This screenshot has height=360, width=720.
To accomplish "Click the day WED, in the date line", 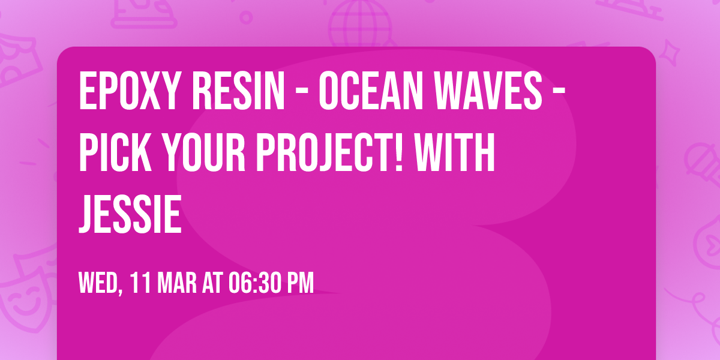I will [x=101, y=283].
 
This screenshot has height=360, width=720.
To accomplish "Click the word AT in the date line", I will [x=212, y=283].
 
